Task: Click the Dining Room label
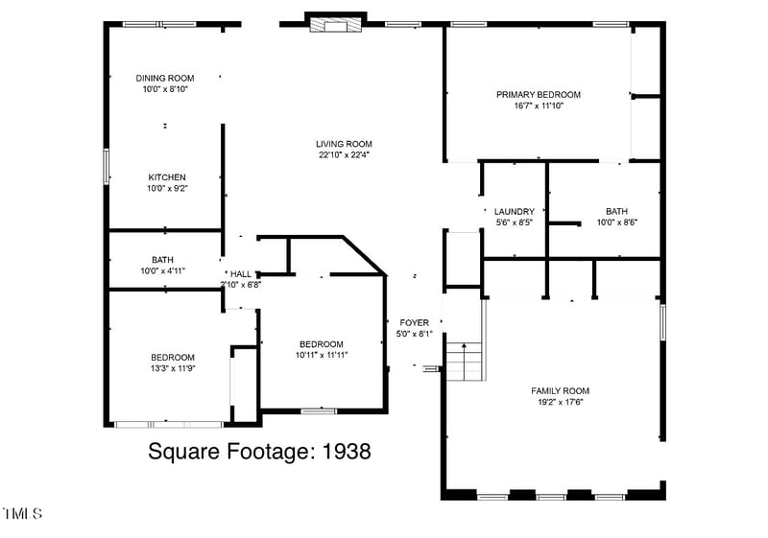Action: (165, 78)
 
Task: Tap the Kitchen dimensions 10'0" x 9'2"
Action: (167, 189)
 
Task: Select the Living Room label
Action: (344, 144)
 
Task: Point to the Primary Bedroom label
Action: (539, 94)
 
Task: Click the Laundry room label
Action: (515, 211)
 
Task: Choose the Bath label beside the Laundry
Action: (616, 211)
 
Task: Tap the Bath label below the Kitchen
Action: (162, 259)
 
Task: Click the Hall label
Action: (240, 273)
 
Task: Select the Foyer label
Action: (415, 322)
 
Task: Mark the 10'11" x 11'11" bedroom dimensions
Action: (321, 355)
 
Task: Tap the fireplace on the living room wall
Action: (335, 23)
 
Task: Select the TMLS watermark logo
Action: (22, 514)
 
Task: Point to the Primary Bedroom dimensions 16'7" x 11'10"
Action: (539, 105)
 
